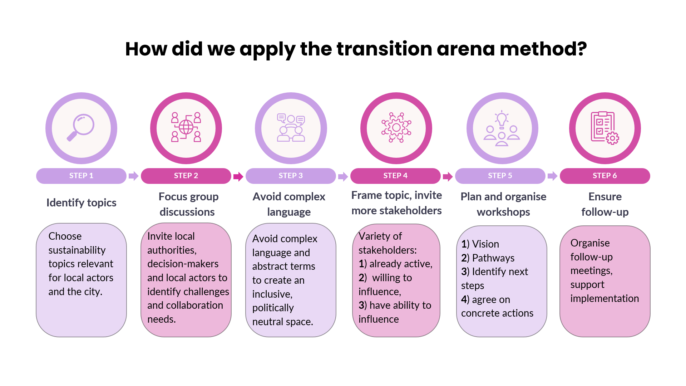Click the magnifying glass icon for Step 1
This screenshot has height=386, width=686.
[x=81, y=127]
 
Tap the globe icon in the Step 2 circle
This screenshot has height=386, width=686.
[x=186, y=127]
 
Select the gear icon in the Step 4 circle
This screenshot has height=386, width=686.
[x=396, y=127]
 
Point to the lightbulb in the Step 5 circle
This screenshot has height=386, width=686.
[x=502, y=119]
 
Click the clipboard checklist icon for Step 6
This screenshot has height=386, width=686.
[x=604, y=128]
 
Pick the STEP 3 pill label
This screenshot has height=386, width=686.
[x=291, y=176]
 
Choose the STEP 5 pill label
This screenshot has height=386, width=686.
[x=500, y=176]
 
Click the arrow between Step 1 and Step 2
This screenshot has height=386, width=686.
[x=133, y=176]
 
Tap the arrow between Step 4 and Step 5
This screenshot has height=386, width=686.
[x=448, y=176]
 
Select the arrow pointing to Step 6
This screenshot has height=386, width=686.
[x=552, y=176]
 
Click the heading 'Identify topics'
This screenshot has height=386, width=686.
[x=82, y=203]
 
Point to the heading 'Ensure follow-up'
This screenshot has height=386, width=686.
[x=605, y=204]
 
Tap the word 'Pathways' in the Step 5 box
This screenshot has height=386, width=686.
[x=493, y=258]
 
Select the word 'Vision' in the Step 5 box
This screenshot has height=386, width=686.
[x=485, y=244]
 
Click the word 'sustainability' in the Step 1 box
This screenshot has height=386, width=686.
[x=77, y=250]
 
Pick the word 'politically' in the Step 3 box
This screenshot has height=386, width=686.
[x=273, y=308]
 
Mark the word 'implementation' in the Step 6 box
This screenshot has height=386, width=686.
[x=604, y=299]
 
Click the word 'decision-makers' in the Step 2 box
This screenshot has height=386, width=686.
[x=183, y=264]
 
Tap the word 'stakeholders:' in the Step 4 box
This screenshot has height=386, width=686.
[x=388, y=250]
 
